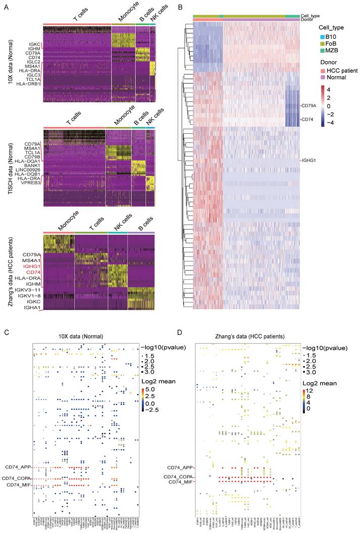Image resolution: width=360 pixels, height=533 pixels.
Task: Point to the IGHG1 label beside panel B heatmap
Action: tap(311, 161)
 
